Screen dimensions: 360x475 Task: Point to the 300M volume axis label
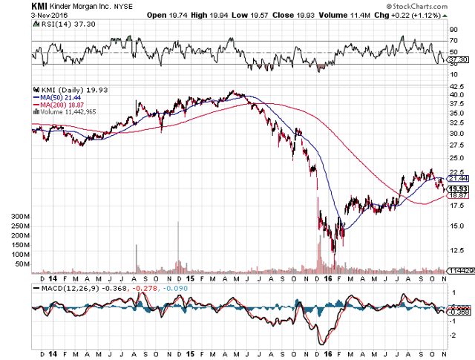[x=19, y=217]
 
